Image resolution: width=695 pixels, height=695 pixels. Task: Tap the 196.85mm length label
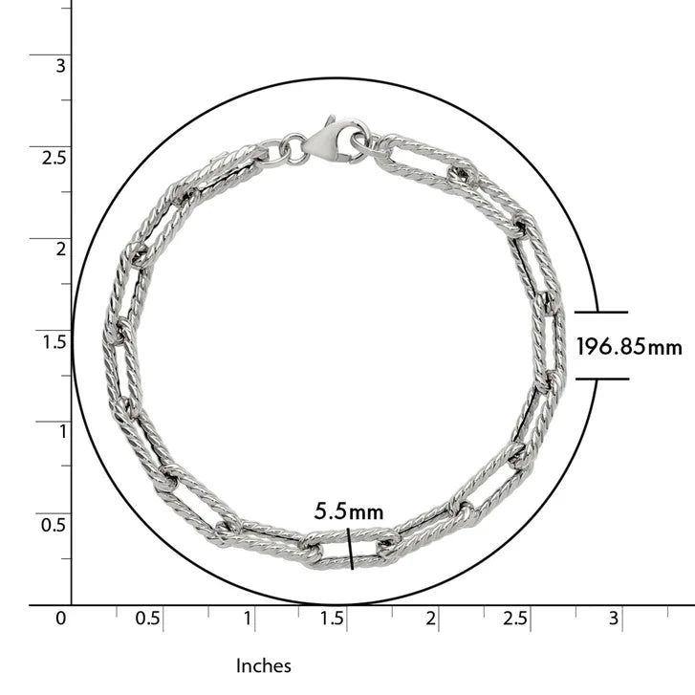[629, 346]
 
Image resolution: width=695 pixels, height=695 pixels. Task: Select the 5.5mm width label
[349, 511]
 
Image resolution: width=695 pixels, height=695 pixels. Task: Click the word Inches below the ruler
[264, 665]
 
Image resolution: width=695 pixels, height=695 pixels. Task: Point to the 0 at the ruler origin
[61, 618]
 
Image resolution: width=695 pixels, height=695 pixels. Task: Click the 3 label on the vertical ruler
[60, 66]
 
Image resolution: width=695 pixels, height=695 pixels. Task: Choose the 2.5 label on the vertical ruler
[54, 158]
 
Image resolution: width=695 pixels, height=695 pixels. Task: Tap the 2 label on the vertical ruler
[60, 250]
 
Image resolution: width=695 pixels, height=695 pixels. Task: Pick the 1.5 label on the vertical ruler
[54, 341]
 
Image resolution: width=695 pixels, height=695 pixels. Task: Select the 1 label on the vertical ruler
[62, 432]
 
